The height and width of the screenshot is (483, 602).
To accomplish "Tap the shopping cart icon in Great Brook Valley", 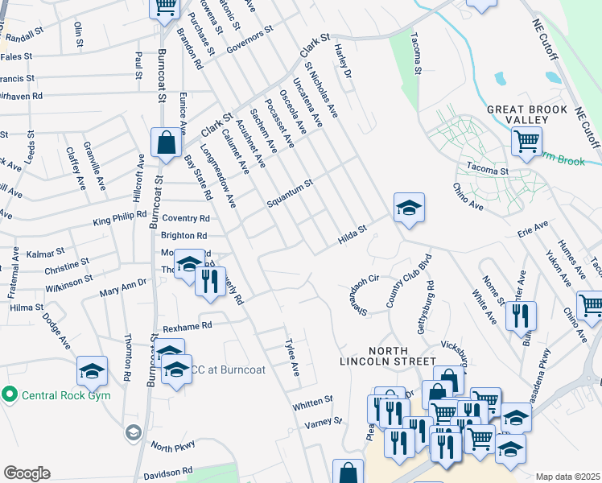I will click(x=526, y=142).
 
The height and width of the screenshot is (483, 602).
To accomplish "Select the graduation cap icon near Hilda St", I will click(x=409, y=208).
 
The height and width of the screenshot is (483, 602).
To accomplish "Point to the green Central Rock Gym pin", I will click(x=10, y=394).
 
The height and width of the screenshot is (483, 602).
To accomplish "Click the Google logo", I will click(x=26, y=473).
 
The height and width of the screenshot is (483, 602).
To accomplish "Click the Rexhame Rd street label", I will click(x=187, y=326).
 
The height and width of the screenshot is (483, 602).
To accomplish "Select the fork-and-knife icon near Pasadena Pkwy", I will click(x=521, y=315).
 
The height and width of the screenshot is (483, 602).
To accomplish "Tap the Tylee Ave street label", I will click(x=293, y=357).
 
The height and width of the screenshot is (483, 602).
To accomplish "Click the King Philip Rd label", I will click(x=119, y=218).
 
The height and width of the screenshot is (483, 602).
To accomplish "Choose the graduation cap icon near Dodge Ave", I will click(x=92, y=371).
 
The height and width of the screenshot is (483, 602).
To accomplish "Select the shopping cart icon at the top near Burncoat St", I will click(x=166, y=7).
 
